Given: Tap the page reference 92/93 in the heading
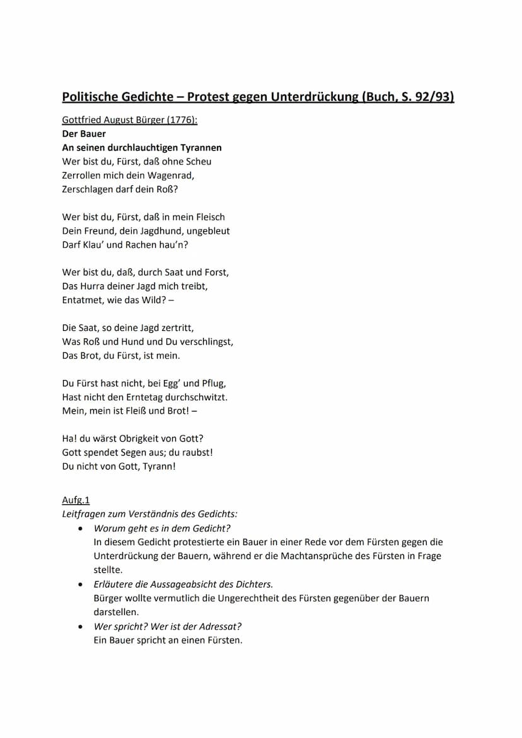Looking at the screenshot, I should click(433, 97).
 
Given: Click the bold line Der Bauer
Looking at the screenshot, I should click(84, 134).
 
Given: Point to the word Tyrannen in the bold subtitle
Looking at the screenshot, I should click(200, 147).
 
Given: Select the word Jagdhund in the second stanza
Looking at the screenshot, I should click(149, 231).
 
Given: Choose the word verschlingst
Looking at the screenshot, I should click(207, 342).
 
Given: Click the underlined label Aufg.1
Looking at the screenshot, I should click(76, 500).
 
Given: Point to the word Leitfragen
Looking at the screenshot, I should click(84, 514).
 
